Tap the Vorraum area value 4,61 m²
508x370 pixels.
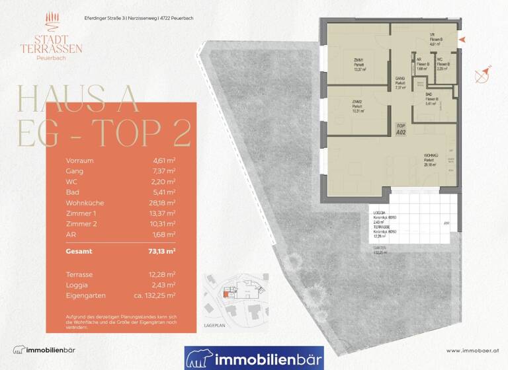coord(163,160)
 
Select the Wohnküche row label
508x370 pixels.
coord(85,202)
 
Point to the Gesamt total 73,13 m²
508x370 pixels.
coord(161,252)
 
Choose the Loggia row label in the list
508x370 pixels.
coord(76,284)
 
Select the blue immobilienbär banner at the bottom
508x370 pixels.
coord(254,357)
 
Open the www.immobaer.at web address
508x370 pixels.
coord(471,350)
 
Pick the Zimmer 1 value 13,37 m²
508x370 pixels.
coord(162,213)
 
